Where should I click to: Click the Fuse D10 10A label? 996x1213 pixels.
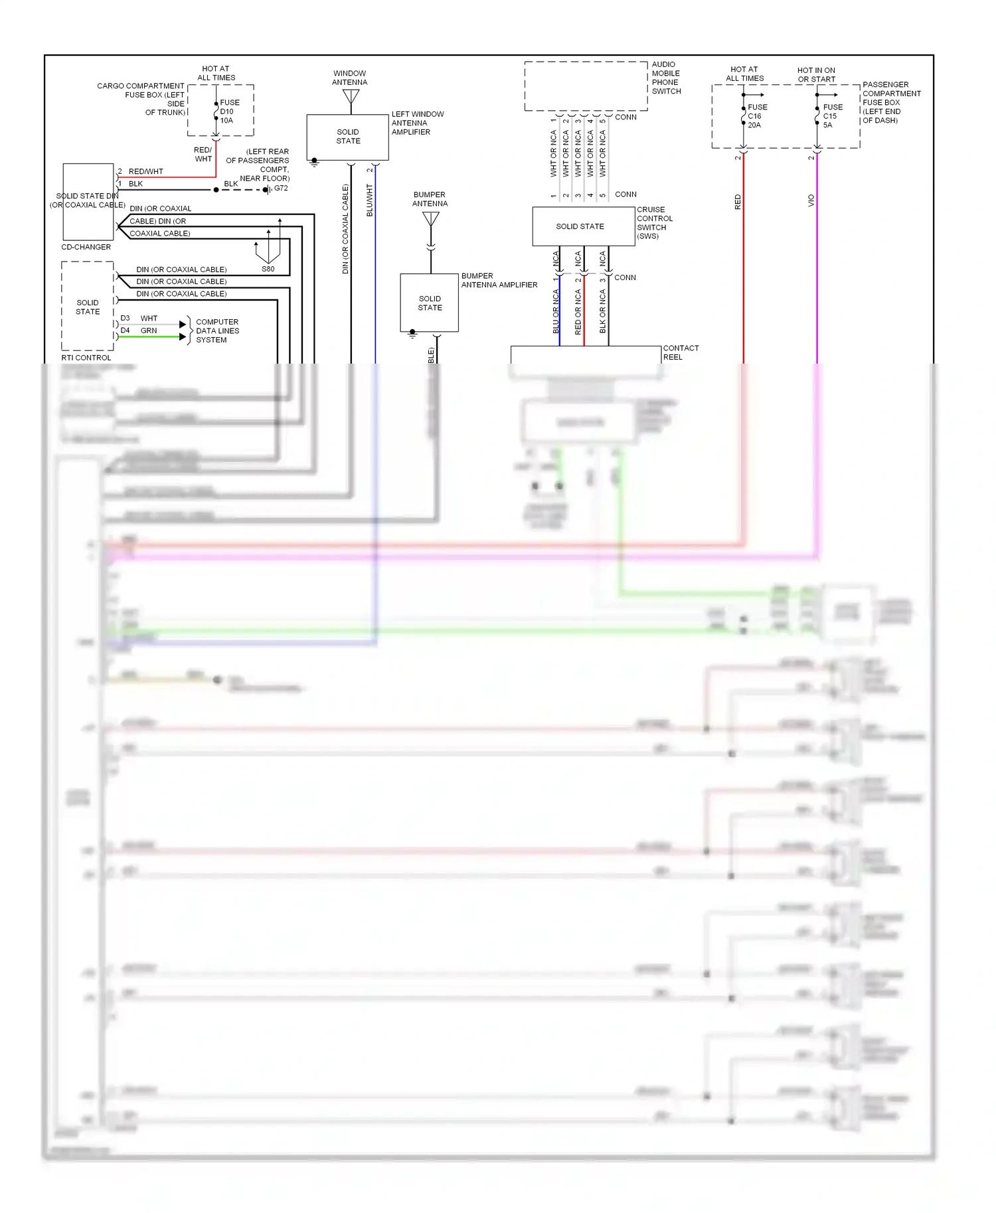229,111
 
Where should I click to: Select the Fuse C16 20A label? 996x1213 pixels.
757,116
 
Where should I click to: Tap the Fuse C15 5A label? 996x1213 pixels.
832,116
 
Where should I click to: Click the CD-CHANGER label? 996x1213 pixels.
86,247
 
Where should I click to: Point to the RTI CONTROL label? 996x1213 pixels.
86,358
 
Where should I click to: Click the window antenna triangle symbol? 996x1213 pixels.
351,97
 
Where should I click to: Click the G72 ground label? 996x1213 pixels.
281,188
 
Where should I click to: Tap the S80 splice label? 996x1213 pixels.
268,269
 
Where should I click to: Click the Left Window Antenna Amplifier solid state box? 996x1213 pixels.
347,137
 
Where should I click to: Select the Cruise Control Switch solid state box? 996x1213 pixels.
580,226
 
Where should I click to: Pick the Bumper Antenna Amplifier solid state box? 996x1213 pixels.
430,303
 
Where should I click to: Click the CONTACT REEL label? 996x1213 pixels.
680,352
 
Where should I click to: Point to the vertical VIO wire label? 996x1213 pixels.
811,200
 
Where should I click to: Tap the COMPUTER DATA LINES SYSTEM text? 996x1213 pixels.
217,330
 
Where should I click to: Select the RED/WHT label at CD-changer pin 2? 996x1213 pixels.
145,171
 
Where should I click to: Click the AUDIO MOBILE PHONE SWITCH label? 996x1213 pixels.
666,78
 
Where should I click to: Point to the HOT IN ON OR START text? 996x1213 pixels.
816,74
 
